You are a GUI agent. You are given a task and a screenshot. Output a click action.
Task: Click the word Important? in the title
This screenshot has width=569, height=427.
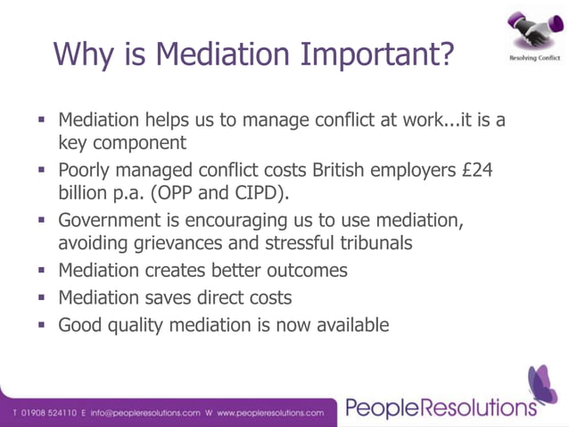click(380, 53)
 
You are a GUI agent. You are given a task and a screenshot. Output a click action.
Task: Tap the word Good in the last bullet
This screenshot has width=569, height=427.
click(80, 325)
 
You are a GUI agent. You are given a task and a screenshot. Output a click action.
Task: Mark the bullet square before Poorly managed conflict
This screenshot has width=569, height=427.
click(42, 169)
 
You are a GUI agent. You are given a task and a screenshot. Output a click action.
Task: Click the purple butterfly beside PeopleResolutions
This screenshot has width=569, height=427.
click(542, 384)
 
